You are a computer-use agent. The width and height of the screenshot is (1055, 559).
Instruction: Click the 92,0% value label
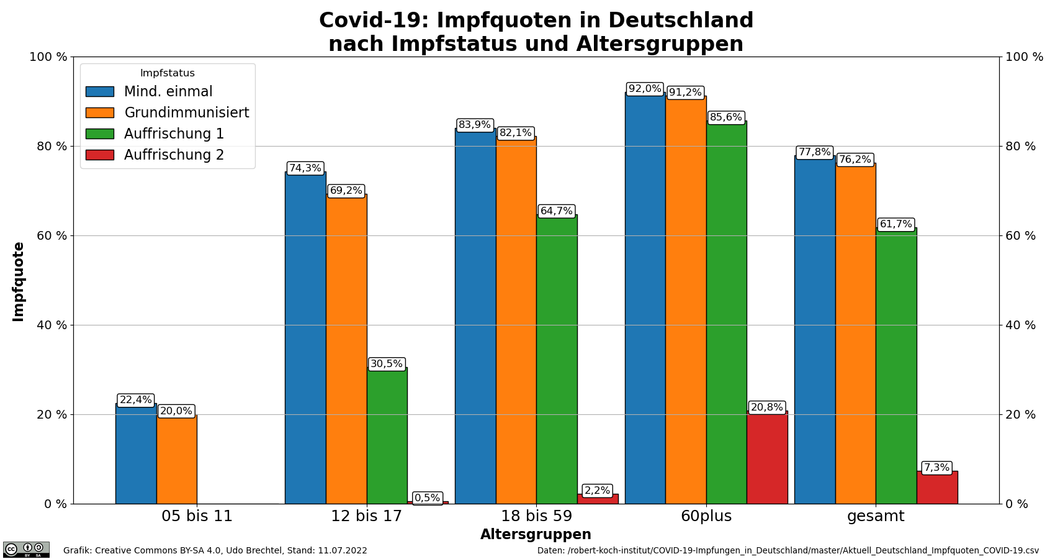[645, 89]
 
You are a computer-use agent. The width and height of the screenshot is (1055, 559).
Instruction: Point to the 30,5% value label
[387, 364]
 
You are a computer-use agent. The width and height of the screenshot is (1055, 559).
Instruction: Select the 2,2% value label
[597, 491]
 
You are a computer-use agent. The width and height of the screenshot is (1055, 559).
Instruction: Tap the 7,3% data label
[936, 468]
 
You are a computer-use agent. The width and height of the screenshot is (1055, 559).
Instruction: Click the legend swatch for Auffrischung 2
[99, 155]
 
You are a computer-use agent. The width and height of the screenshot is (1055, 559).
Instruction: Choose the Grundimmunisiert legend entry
[186, 112]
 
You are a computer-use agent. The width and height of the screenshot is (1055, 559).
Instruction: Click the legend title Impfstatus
[168, 73]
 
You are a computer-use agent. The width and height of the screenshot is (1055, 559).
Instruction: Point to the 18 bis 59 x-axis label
[536, 516]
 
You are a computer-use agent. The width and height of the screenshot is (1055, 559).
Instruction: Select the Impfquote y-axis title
[19, 281]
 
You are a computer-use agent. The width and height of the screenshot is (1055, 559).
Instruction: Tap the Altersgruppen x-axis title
[536, 535]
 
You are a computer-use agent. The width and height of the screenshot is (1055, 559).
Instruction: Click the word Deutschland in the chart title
[681, 20]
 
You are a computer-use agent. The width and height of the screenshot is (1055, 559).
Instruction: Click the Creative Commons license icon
[26, 549]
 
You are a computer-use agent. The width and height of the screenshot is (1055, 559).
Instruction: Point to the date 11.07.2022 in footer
[343, 550]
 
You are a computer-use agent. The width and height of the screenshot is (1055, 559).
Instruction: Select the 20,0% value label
[176, 411]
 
